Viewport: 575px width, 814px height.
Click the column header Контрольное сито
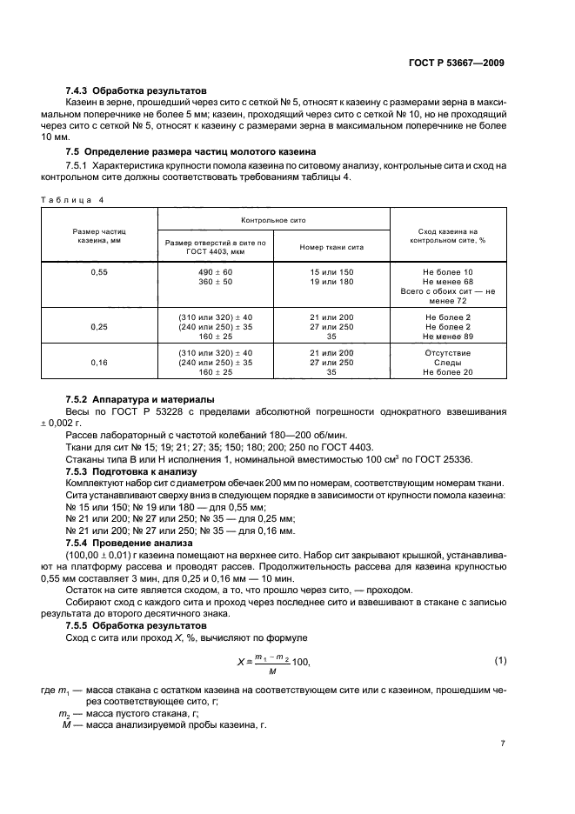[x=273, y=221]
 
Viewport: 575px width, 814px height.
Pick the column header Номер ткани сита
[x=331, y=247]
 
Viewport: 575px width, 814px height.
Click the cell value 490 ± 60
[x=215, y=272]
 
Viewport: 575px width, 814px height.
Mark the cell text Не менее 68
[x=447, y=282]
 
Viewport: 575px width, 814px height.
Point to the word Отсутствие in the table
[x=447, y=352]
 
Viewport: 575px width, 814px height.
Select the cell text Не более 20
[x=447, y=372]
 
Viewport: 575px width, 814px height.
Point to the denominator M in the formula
[x=272, y=671]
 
